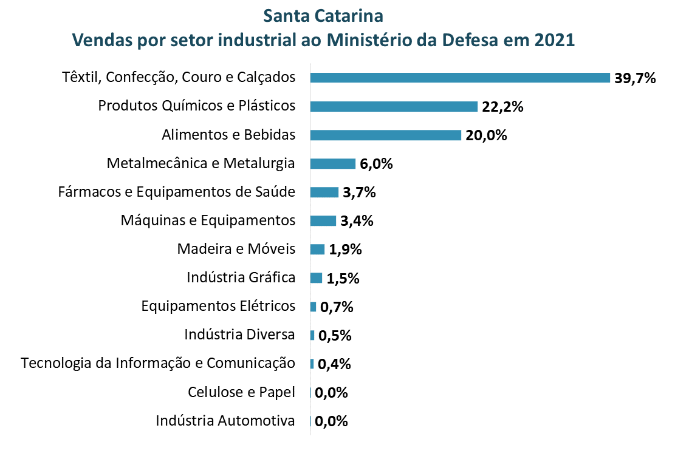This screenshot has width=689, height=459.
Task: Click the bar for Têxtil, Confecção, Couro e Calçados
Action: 460,78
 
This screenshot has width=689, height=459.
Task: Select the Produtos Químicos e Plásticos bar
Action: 394,106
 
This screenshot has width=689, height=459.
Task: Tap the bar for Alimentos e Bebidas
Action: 386,135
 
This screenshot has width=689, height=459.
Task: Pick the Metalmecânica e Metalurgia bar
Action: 332,163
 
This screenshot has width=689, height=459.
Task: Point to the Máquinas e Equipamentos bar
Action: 323,220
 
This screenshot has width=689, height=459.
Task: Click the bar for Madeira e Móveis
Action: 317,249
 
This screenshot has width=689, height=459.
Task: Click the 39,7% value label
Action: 635,78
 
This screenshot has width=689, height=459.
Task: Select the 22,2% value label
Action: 502,107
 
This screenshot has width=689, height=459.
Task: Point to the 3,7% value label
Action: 359,192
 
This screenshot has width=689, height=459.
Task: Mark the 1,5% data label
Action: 343,279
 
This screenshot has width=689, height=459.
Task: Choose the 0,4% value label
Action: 335,364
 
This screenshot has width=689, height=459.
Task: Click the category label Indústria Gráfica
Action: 241,278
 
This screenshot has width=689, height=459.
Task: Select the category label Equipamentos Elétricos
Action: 218,306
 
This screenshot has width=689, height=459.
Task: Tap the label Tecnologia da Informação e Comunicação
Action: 158,363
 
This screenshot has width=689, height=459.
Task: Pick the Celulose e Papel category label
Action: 242,392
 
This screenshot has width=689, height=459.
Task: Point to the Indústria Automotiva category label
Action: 225,421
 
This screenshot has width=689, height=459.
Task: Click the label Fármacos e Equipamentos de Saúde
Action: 177,192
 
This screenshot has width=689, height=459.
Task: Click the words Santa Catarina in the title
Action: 324,14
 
